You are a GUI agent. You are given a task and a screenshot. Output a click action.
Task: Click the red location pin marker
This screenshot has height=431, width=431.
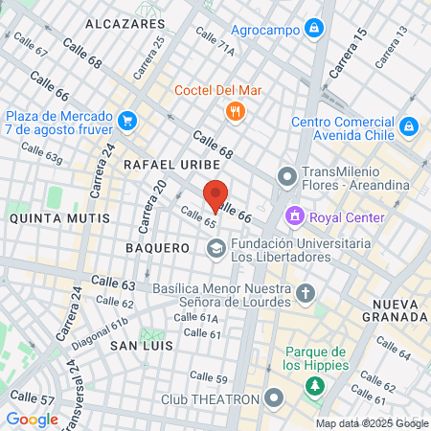(217, 194)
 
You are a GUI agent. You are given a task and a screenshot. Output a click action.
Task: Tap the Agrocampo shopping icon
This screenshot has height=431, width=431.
(312, 29)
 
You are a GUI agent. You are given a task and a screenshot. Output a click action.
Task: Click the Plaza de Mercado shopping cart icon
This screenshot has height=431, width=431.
(127, 121)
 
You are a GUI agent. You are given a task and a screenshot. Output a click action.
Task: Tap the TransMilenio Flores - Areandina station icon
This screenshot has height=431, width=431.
(286, 175)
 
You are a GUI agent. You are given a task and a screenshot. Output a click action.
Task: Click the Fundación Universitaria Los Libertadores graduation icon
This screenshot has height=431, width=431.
(216, 249)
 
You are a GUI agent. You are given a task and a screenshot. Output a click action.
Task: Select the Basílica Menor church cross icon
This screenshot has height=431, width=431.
(305, 292)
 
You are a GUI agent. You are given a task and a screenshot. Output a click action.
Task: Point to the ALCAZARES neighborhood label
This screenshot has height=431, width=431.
(125, 21)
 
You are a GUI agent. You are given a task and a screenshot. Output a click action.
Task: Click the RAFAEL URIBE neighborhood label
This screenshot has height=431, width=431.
(165, 165)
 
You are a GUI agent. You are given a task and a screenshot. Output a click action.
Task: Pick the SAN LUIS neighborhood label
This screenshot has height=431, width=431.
(139, 344)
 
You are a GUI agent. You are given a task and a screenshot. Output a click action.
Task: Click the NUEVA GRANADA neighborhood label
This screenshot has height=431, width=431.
(392, 309)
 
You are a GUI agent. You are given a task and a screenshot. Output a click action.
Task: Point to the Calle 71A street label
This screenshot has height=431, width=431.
(214, 40)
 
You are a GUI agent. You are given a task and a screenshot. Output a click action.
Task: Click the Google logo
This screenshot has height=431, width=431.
(32, 419)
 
